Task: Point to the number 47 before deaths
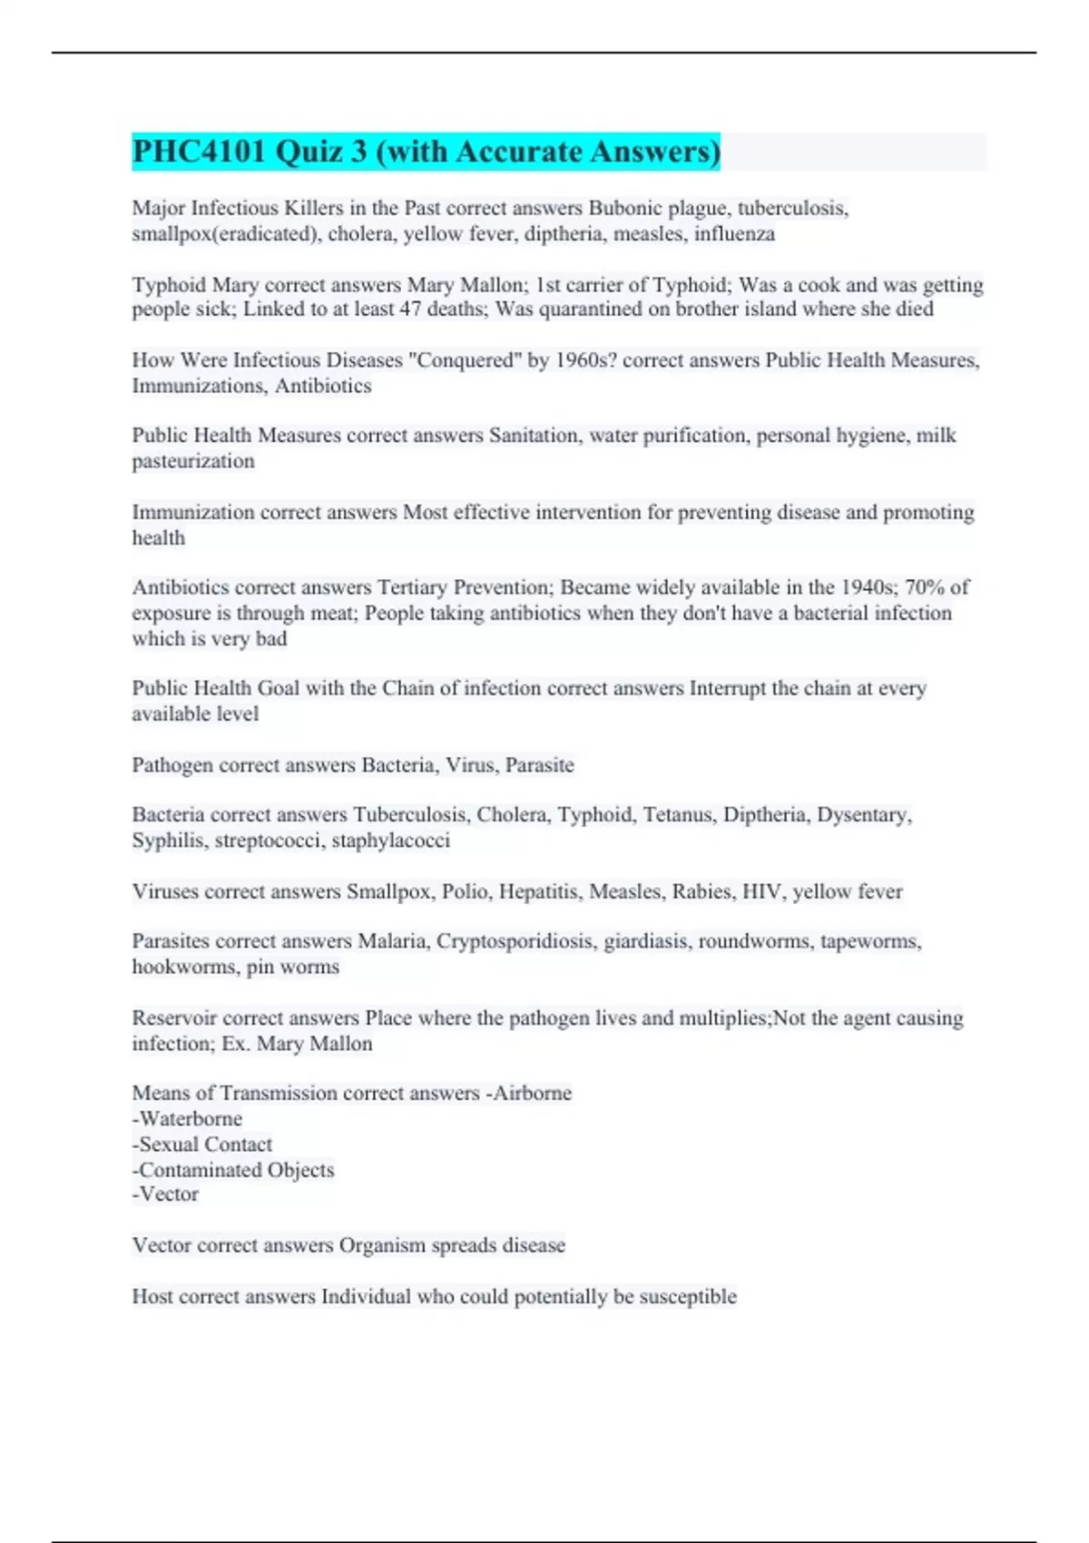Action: click(410, 310)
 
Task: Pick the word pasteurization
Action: click(193, 461)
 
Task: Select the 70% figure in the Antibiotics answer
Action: click(926, 587)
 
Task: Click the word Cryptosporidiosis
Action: click(515, 941)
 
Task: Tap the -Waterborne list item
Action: click(188, 1119)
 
